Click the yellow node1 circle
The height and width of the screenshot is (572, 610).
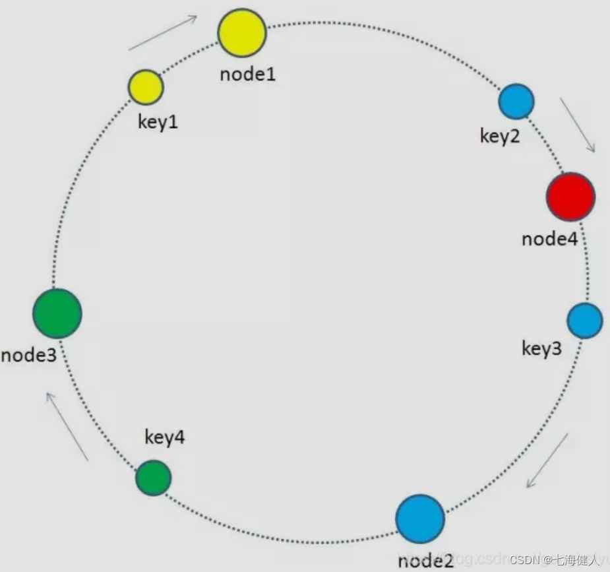(x=242, y=32)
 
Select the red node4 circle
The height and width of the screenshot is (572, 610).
(x=570, y=197)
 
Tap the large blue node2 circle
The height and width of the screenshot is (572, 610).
(x=420, y=519)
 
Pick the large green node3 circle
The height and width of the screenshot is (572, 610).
(x=57, y=313)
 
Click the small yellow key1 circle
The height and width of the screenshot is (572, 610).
(x=145, y=87)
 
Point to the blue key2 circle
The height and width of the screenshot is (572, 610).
(x=516, y=102)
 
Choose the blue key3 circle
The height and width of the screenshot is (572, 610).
(x=584, y=321)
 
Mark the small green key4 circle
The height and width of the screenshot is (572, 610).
(x=154, y=478)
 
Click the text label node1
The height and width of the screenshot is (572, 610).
(x=247, y=73)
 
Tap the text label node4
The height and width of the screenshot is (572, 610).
(x=549, y=238)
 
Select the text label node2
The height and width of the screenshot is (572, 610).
(x=425, y=561)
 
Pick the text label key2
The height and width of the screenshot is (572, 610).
(x=499, y=137)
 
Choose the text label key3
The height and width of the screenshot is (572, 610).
(x=541, y=348)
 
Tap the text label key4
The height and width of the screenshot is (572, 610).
(x=164, y=437)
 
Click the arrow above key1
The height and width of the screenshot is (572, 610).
(x=163, y=32)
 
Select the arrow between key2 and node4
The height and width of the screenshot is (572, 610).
(x=578, y=125)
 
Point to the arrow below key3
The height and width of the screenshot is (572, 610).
(x=547, y=461)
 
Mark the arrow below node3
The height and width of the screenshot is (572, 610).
(x=67, y=426)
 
